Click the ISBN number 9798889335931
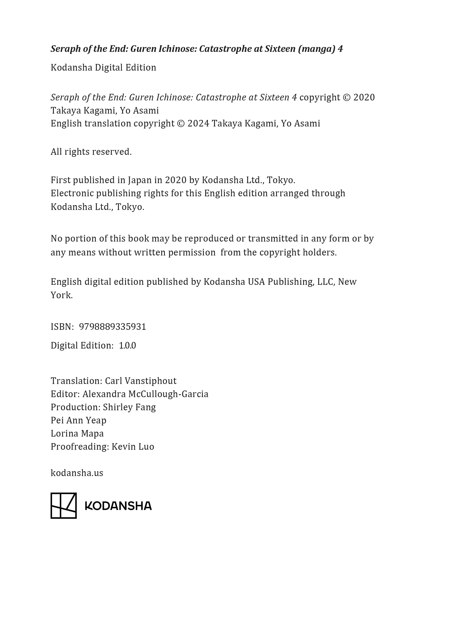click(x=113, y=327)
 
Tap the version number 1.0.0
click(x=127, y=346)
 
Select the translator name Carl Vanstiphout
click(x=141, y=381)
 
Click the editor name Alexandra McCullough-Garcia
click(x=145, y=394)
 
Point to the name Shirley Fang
click(x=129, y=407)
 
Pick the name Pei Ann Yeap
click(x=78, y=420)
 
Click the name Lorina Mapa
click(x=77, y=434)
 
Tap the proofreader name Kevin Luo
click(x=133, y=447)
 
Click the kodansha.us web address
click(x=77, y=473)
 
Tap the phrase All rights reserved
click(x=91, y=152)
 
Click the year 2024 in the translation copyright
click(x=198, y=123)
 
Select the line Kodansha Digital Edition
click(x=103, y=68)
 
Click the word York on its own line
click(x=61, y=295)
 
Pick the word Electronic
click(x=72, y=193)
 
